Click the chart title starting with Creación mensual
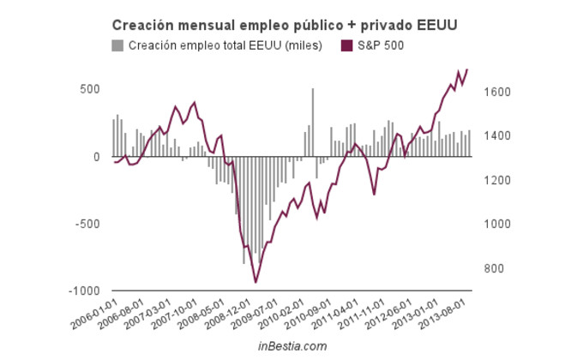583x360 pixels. click(x=283, y=26)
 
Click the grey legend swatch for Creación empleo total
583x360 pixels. click(x=117, y=45)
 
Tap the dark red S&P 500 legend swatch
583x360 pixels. click(x=346, y=45)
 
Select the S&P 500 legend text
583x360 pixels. click(x=380, y=45)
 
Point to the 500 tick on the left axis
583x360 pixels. click(x=89, y=89)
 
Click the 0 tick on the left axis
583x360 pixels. click(x=97, y=157)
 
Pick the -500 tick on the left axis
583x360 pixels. click(x=87, y=224)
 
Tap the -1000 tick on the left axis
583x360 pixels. click(x=84, y=291)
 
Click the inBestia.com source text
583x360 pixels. click(x=292, y=345)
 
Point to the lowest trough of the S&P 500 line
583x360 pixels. click(x=255, y=281)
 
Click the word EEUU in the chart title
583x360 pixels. click(x=437, y=26)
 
